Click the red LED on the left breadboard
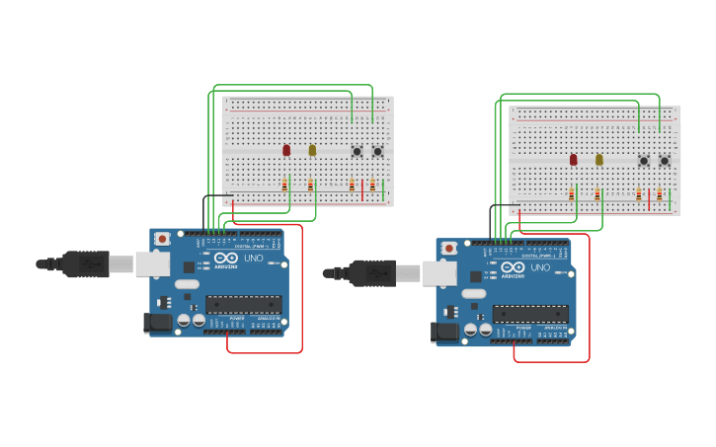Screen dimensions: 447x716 pyautogui.click(x=286, y=150)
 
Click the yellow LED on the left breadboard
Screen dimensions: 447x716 pyautogui.click(x=312, y=150)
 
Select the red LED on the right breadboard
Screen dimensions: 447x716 pyautogui.click(x=573, y=159)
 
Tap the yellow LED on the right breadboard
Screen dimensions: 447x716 pyautogui.click(x=598, y=159)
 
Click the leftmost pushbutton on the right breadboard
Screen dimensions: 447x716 pyautogui.click(x=644, y=161)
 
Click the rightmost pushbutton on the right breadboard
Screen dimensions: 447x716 pyautogui.click(x=665, y=161)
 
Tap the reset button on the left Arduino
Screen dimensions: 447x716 pyautogui.click(x=162, y=239)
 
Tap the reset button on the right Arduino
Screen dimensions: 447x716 pyautogui.click(x=448, y=248)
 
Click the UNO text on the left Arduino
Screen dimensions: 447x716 pyautogui.click(x=254, y=259)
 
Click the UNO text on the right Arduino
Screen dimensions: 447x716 pyautogui.click(x=540, y=267)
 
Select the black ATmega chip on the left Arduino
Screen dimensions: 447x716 pyautogui.click(x=243, y=305)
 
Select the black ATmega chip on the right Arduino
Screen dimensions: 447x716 pyautogui.click(x=530, y=314)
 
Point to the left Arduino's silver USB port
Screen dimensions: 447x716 pyautogui.click(x=152, y=263)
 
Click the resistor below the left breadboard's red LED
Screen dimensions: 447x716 pyautogui.click(x=284, y=185)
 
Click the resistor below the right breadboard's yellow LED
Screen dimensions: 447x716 pyautogui.click(x=597, y=194)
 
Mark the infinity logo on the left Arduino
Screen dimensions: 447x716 pyautogui.click(x=225, y=259)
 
